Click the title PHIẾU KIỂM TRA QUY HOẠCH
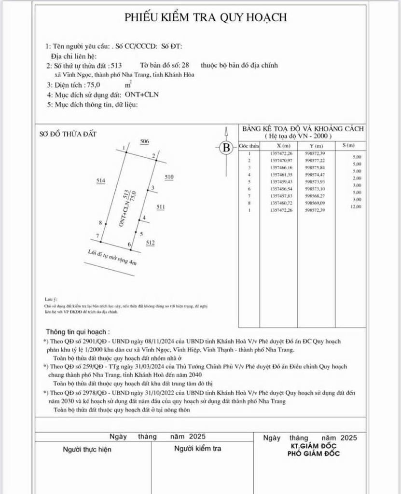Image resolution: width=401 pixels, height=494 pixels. pyautogui.click(x=206, y=17)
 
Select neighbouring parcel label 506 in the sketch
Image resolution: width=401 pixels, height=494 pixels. pyautogui.click(x=144, y=141)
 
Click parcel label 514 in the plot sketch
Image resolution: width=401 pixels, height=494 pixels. pyautogui.click(x=101, y=180)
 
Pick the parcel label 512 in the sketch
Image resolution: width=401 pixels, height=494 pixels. pyautogui.click(x=150, y=243)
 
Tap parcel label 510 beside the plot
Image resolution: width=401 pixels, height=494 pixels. pyautogui.click(x=169, y=177)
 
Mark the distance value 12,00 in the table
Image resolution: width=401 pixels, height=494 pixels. pyautogui.click(x=355, y=207)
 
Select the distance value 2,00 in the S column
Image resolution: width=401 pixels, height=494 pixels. pyautogui.click(x=356, y=178)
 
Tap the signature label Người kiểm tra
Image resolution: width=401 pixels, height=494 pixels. pyautogui.click(x=197, y=449)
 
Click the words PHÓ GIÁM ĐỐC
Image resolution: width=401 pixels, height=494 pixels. pyautogui.click(x=313, y=454)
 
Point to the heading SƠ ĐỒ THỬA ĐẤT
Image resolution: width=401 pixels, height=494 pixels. pyautogui.click(x=68, y=134)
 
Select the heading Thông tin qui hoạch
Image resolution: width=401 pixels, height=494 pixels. pyautogui.click(x=77, y=332)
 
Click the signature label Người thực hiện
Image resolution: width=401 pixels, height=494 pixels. pyautogui.click(x=87, y=449)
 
